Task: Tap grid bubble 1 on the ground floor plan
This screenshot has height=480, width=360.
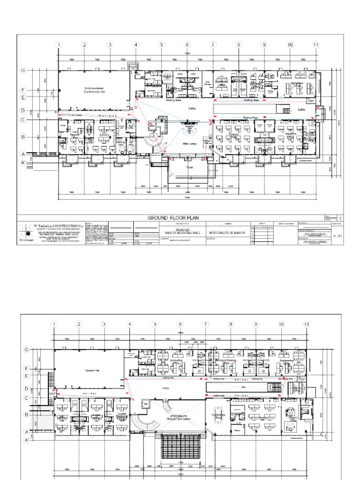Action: coord(59,45)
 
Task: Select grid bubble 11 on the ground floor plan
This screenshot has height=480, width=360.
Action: coord(316,45)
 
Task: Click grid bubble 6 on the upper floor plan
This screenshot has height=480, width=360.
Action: coord(180,324)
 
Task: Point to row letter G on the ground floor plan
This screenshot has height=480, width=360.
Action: coord(22,70)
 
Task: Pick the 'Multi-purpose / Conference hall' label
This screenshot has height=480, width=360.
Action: coord(94,90)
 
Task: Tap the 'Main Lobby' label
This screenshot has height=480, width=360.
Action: coord(189,144)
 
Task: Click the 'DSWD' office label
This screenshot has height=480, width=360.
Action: coord(103,135)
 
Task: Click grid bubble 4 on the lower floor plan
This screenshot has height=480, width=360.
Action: coord(129,324)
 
